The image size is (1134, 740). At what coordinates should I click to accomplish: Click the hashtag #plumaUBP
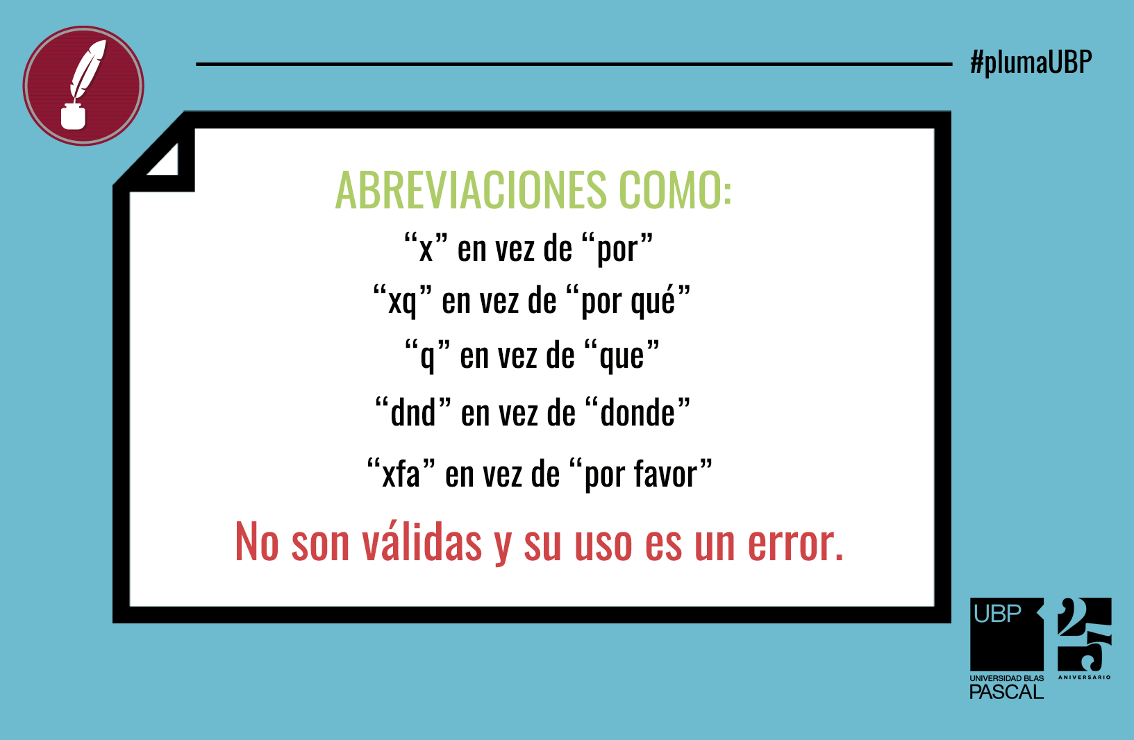pos(1031,63)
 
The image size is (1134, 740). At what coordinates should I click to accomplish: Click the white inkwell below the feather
pos(73,116)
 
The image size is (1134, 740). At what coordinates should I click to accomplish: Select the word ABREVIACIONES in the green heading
pos(471,190)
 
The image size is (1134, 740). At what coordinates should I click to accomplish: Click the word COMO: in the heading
pos(676,190)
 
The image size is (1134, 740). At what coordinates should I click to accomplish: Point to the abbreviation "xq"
pos(403,302)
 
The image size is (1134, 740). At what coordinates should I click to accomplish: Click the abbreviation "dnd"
pos(412,412)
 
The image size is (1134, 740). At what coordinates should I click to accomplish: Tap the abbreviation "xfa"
pos(401,473)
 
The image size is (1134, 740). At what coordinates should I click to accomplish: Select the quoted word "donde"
pos(637,412)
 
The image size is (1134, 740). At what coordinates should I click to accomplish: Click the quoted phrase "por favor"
pos(640,474)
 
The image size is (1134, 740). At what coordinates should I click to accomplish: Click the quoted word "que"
pos(622,356)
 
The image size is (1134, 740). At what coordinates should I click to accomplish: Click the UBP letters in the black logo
pos(997,614)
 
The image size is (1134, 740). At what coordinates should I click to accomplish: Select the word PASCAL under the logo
pos(1006,692)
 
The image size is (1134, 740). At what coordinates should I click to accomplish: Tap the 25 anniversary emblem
pos(1085,635)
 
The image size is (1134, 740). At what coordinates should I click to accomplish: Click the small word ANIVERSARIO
pos(1085,678)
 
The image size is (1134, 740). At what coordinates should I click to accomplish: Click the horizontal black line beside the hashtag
pos(574,65)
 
